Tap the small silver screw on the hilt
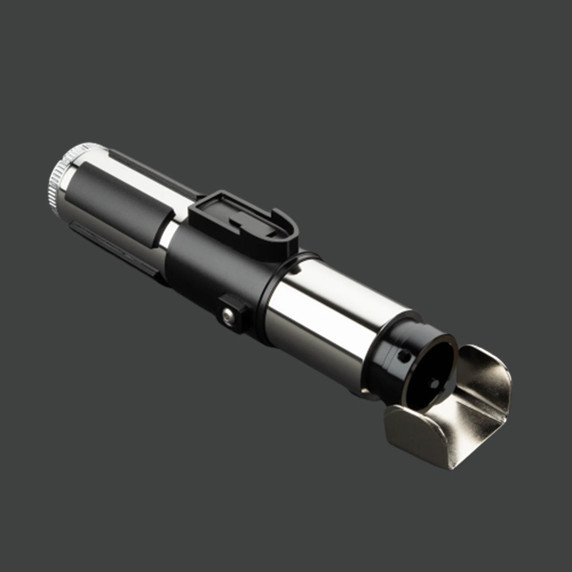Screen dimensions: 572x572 228,316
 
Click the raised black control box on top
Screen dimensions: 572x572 241,224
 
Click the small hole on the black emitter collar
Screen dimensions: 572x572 405,356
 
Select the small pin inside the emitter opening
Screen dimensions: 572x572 433,382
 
